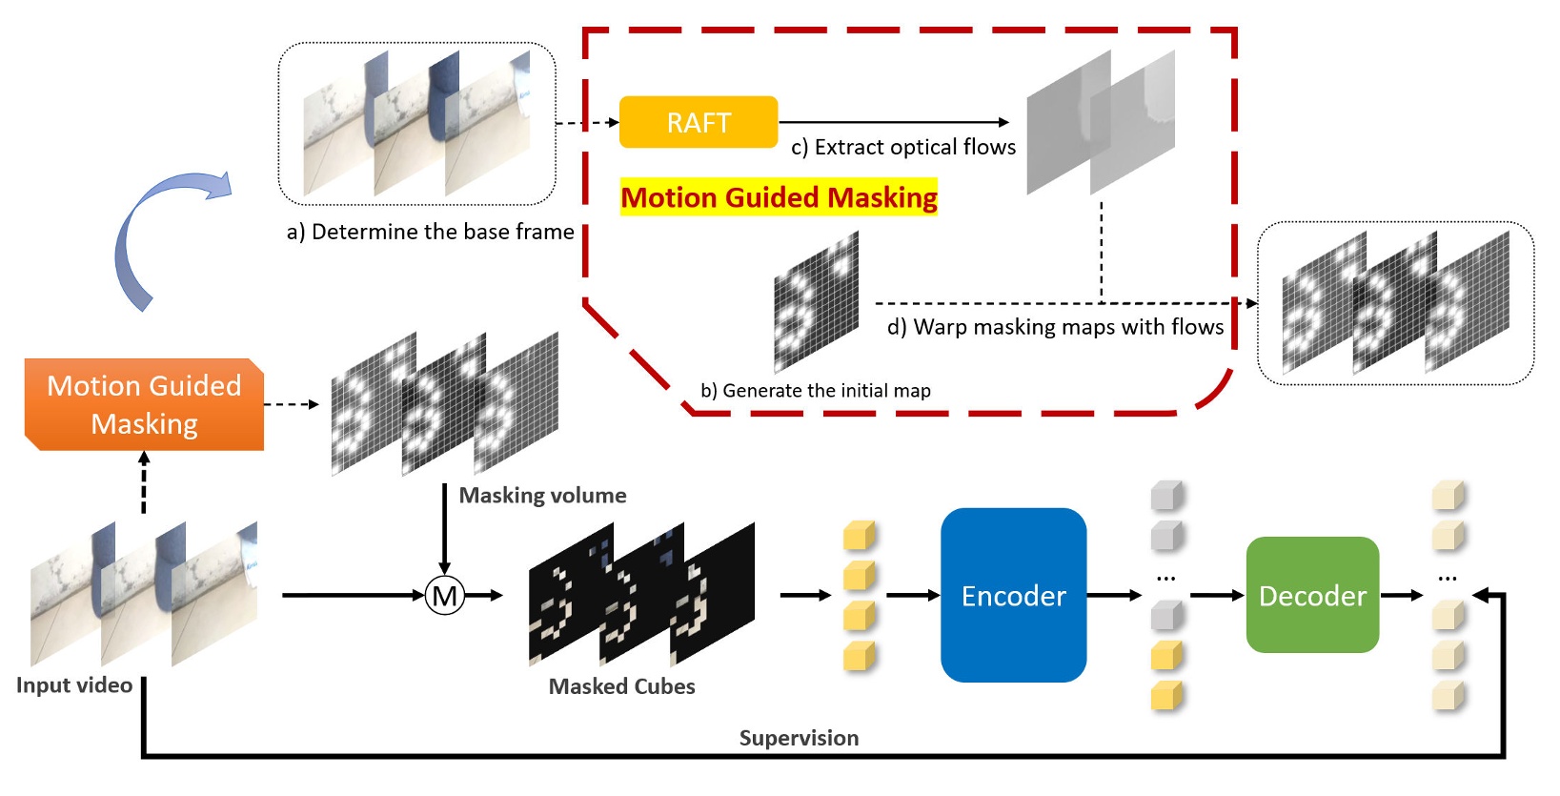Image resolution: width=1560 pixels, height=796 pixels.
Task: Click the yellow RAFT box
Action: coord(699,122)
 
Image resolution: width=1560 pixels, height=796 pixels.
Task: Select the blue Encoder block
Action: coord(1013,595)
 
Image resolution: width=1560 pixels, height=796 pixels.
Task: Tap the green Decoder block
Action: coord(1313,595)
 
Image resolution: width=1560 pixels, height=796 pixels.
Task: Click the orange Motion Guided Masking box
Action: coord(144,404)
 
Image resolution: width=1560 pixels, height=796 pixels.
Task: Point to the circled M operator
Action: coord(445,596)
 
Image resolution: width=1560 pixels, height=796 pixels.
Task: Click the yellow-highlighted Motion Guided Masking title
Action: coord(779,197)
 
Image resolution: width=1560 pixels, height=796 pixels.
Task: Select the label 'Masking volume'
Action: coord(542,495)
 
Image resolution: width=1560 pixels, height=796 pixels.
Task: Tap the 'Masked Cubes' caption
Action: coord(622,686)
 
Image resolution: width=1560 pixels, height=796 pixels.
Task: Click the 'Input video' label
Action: coord(73,685)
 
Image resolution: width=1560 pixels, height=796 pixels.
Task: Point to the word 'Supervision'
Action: coord(799,738)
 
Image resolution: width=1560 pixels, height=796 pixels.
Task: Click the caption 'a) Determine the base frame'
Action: coord(431,232)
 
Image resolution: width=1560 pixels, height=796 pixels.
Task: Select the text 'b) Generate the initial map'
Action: coord(816,391)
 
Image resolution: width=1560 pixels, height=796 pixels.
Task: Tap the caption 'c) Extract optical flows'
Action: coord(903,147)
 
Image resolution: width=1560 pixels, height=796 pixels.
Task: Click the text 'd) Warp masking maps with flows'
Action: coord(1055,327)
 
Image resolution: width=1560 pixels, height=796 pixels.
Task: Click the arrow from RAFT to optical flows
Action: coord(894,122)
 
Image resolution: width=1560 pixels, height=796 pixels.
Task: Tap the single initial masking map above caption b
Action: coord(817,302)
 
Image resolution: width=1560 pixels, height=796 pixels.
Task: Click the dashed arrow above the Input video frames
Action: coord(144,482)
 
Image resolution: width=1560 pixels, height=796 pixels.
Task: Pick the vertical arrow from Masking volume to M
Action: coord(444,529)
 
